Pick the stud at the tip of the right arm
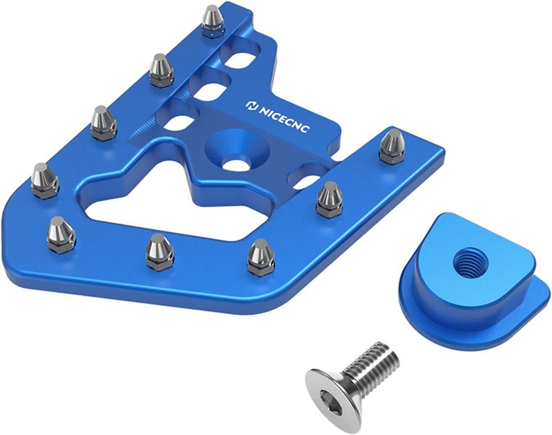393,147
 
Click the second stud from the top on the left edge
161,71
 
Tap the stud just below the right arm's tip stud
330,200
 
